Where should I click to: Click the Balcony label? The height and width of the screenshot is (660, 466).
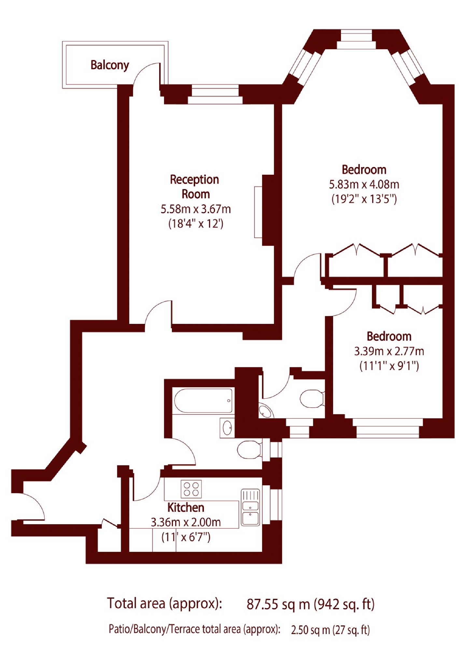110,65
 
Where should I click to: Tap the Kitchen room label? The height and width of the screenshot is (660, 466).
186,507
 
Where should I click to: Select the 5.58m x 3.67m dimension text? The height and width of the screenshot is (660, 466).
195,209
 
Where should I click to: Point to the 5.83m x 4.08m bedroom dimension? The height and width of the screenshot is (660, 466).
364,184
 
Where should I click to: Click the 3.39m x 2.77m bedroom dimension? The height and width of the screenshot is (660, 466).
389,351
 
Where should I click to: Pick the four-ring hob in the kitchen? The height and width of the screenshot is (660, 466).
191,489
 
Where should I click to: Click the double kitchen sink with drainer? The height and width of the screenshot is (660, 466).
250,507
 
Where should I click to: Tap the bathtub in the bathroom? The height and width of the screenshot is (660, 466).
204,401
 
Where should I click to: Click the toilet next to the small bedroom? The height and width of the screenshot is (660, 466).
311,399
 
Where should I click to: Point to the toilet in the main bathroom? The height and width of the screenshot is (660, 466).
249,450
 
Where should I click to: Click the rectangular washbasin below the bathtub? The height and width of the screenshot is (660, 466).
227,428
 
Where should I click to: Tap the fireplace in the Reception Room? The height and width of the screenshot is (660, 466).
268,210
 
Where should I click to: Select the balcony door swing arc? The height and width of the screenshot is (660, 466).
146,74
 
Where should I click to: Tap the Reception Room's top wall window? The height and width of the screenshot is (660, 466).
215,95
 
